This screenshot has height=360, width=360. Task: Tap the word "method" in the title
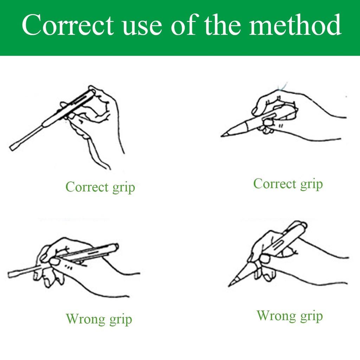[x=295, y=24]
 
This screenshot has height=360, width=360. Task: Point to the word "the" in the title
[x=223, y=24]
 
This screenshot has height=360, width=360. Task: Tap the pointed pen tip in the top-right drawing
[x=222, y=136]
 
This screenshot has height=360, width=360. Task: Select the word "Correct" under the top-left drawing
[x=87, y=187]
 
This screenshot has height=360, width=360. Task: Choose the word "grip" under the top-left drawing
[x=123, y=188]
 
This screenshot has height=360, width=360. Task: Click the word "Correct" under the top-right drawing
[x=275, y=184]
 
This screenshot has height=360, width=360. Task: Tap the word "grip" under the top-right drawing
[x=311, y=185]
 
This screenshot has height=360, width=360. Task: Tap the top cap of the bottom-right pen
[x=303, y=225]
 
